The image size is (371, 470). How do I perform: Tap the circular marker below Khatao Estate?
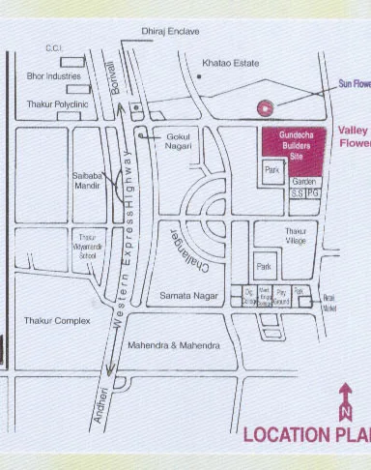(x=261, y=108)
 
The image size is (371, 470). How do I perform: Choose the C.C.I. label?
(x=53, y=48)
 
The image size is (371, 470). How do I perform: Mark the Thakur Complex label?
(x=56, y=320)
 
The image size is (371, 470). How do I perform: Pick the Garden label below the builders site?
(x=304, y=182)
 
